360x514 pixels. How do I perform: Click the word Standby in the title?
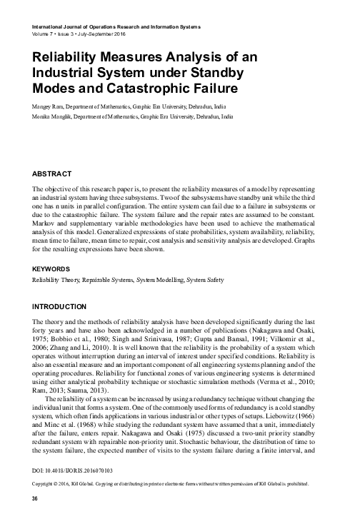[x=212, y=73]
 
